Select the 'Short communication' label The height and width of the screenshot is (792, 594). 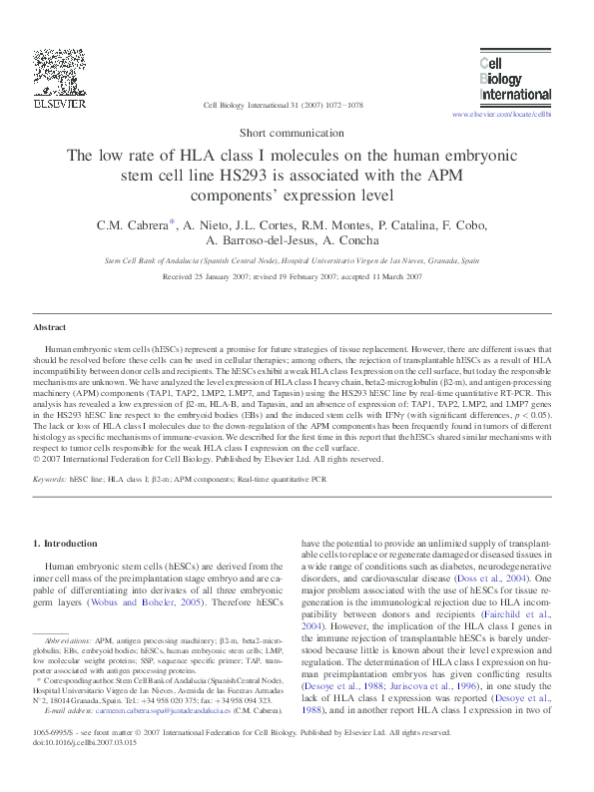coord(297,133)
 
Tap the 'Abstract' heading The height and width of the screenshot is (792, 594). coord(50,327)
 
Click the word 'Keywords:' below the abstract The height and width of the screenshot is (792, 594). coord(49,480)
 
